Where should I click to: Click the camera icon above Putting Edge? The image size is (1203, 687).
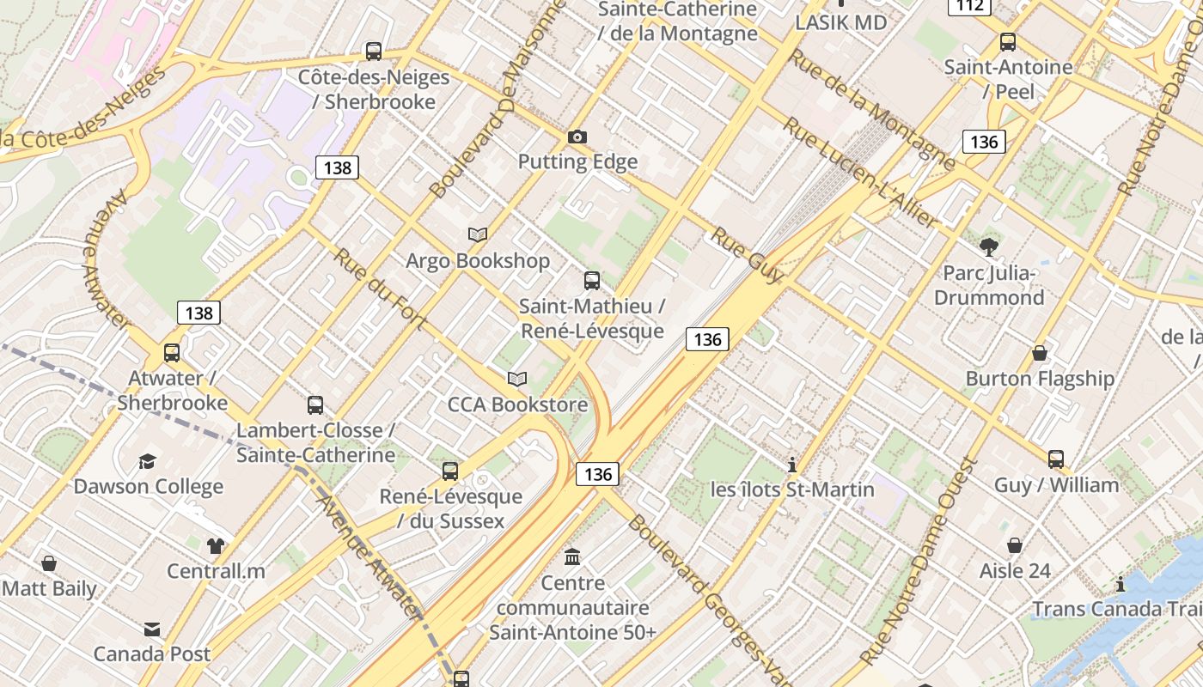point(577,137)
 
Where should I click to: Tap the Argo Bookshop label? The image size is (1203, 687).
point(478,261)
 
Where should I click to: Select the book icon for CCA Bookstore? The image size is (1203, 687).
point(516,379)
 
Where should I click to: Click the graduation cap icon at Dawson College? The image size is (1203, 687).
point(148,461)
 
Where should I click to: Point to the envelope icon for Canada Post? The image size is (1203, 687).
point(152,629)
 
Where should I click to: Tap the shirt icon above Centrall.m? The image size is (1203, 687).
point(215,545)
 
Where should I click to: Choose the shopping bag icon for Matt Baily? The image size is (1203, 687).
point(49,563)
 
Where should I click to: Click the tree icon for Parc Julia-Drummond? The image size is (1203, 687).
point(989,247)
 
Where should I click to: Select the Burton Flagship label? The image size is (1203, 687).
point(1040,379)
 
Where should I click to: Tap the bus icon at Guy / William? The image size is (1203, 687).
point(1056,459)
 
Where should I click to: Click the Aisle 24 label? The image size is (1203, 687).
point(1015,571)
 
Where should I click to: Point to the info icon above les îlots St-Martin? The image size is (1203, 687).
point(792,465)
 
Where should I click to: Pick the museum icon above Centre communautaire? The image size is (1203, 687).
point(572,557)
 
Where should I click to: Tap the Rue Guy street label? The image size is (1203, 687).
point(747,255)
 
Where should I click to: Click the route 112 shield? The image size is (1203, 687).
point(970,6)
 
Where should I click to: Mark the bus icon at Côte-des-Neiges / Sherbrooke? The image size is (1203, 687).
point(373,52)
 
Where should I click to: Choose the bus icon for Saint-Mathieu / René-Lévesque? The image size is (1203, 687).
point(592,280)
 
